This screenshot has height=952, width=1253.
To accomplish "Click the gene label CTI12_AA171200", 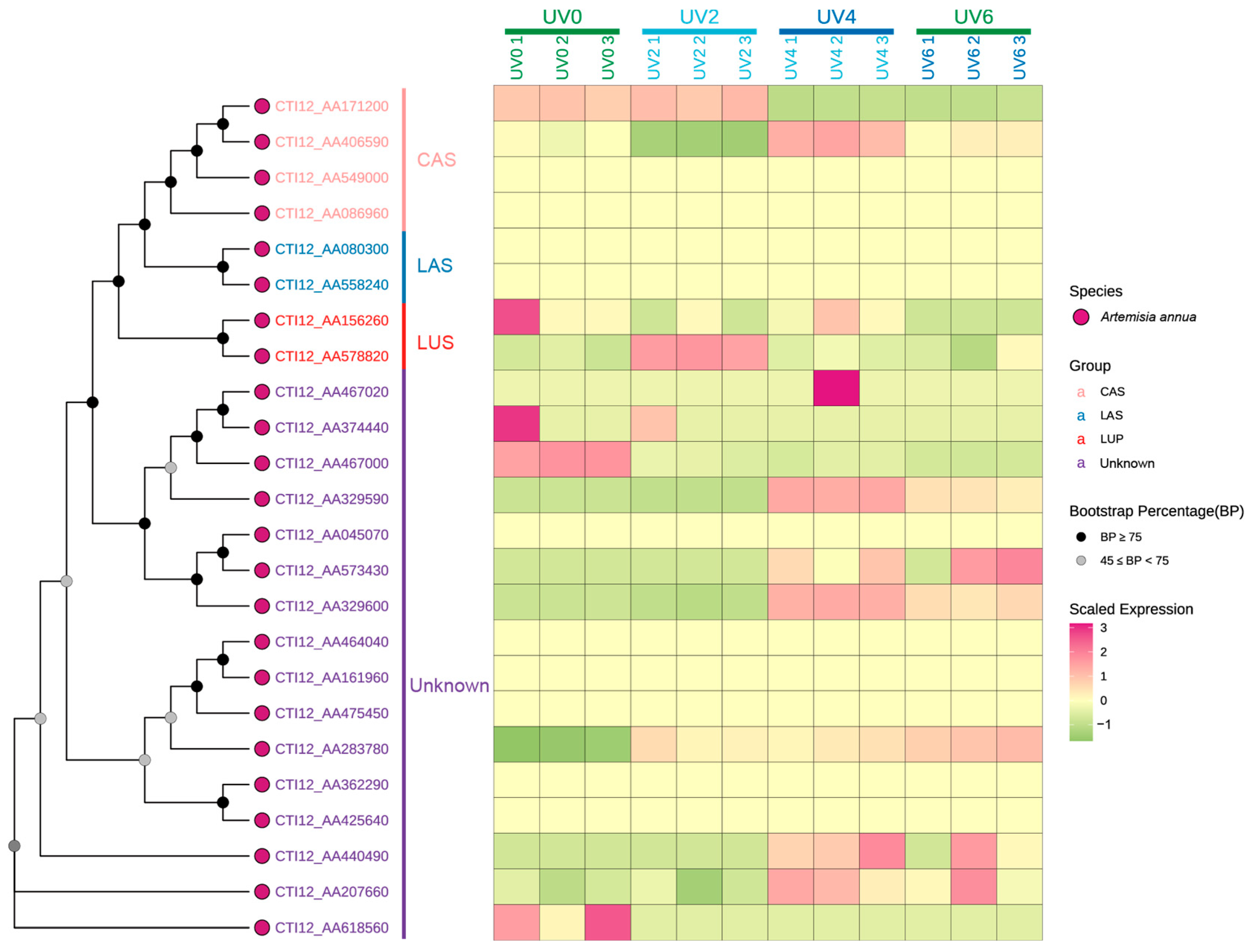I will coord(332,106).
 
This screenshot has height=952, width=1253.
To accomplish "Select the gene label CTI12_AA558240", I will coord(332,285).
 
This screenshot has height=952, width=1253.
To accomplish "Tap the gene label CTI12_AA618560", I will coord(332,928).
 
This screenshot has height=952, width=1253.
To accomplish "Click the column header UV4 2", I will coord(837,58).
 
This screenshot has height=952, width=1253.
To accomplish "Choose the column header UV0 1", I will coord(516,58).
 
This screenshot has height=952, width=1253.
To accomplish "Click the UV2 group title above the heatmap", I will coord(699,17).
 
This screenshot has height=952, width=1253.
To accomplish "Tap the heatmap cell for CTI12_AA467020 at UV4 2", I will coord(837,388).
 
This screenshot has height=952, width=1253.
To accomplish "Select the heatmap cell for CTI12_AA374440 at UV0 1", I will coord(516,424).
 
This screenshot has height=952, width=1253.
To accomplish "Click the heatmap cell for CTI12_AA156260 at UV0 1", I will coord(516,317).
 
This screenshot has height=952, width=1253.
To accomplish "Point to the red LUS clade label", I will coord(435,343).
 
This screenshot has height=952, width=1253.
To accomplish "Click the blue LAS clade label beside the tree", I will coord(435,266).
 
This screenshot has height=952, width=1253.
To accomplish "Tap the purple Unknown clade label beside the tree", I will coord(450,686).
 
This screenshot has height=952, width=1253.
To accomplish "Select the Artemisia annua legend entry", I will coord(1148,317).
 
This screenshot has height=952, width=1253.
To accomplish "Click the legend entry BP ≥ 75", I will coord(1121,537).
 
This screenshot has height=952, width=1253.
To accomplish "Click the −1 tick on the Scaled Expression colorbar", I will coord(1103,724).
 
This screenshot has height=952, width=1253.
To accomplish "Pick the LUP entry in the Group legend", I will coord(1111,439).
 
